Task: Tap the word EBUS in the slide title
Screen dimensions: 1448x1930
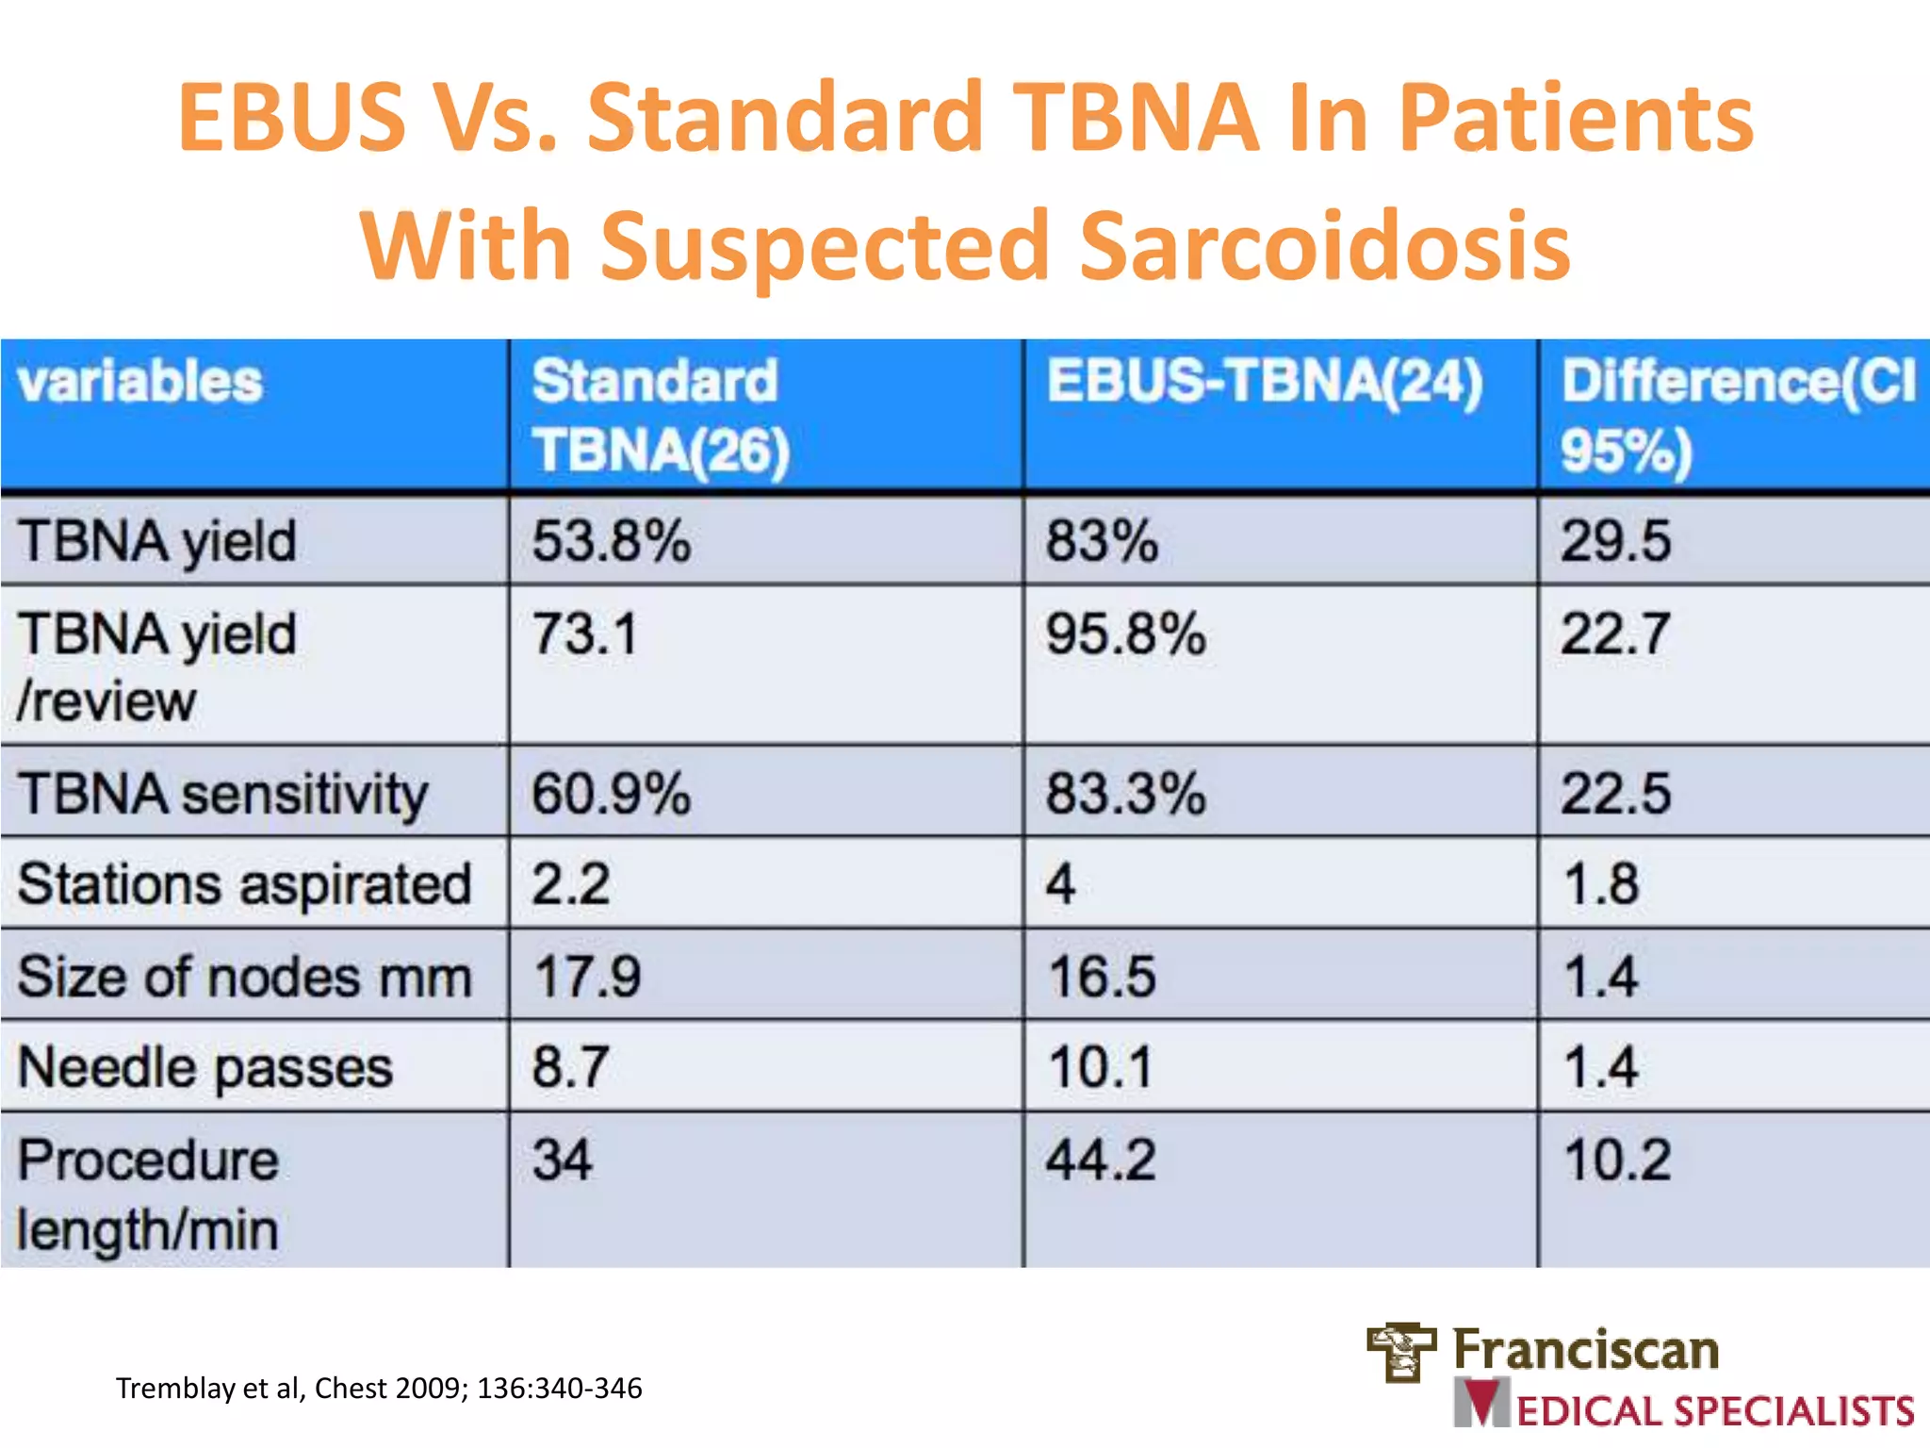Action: pyautogui.click(x=291, y=119)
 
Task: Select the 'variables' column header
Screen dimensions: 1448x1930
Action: pyautogui.click(x=139, y=383)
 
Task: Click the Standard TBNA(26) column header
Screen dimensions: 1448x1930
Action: pyautogui.click(x=659, y=415)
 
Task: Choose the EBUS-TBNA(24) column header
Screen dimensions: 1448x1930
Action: pyautogui.click(x=1265, y=383)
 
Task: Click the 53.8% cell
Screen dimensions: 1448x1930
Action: pyautogui.click(x=611, y=542)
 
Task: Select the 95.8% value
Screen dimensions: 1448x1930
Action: pyautogui.click(x=1125, y=633)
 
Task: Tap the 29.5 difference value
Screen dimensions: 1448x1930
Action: pyautogui.click(x=1615, y=542)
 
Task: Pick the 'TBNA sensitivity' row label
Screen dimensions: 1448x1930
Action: pyautogui.click(x=222, y=794)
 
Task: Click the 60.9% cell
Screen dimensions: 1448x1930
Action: pyautogui.click(x=611, y=794)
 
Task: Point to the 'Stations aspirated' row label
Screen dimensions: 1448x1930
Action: pyautogui.click(x=244, y=885)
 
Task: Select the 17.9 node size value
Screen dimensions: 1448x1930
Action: pyautogui.click(x=587, y=977)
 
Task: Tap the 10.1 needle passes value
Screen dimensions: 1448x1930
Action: pyautogui.click(x=1100, y=1068)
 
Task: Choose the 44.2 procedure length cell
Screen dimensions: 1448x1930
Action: pyautogui.click(x=1100, y=1160)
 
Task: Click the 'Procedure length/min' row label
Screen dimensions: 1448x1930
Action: pyautogui.click(x=148, y=1194)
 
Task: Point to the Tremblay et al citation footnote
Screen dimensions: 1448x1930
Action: pyautogui.click(x=379, y=1389)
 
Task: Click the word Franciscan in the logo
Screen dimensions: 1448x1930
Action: pyautogui.click(x=1586, y=1349)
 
